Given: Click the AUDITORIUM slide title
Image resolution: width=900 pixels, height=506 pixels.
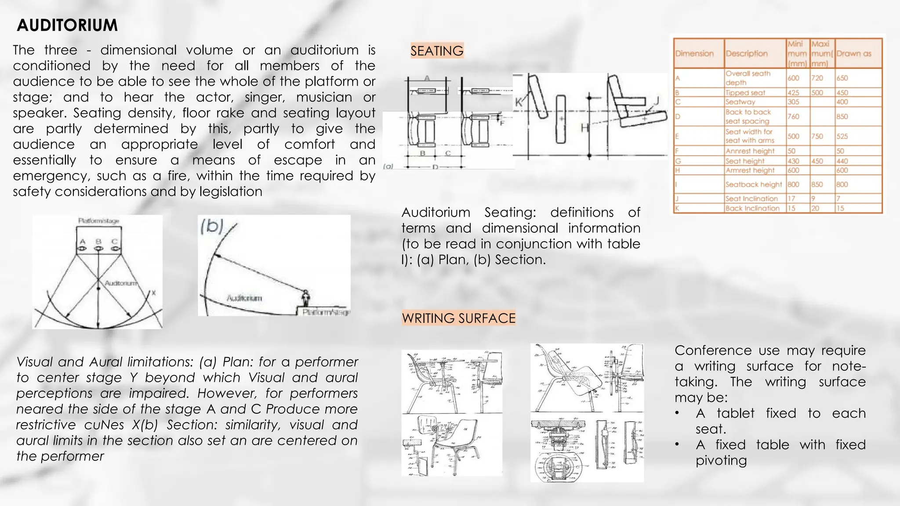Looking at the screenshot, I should point(67,25).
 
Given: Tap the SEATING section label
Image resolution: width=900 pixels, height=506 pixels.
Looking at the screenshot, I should point(437,51).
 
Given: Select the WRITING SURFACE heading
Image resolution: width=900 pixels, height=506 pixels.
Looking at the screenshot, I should point(458,318).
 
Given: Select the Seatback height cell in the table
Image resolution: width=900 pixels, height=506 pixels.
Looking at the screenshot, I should point(753,184).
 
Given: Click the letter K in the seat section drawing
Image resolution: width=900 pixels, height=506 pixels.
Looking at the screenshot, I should point(519,102).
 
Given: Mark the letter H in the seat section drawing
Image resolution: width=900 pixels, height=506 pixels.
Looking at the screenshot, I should point(584,128).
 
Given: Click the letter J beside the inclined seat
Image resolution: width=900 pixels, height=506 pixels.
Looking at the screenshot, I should point(657,101).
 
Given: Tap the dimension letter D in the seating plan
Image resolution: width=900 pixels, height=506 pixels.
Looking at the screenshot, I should point(435,167).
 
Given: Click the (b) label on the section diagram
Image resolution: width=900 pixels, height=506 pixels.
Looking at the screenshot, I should point(213,226).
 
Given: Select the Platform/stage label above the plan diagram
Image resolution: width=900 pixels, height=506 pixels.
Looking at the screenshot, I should point(98,220).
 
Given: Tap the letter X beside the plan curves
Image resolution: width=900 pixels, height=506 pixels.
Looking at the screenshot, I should point(153,293).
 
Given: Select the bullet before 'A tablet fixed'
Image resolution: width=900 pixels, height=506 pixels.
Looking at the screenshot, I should point(678,413).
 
